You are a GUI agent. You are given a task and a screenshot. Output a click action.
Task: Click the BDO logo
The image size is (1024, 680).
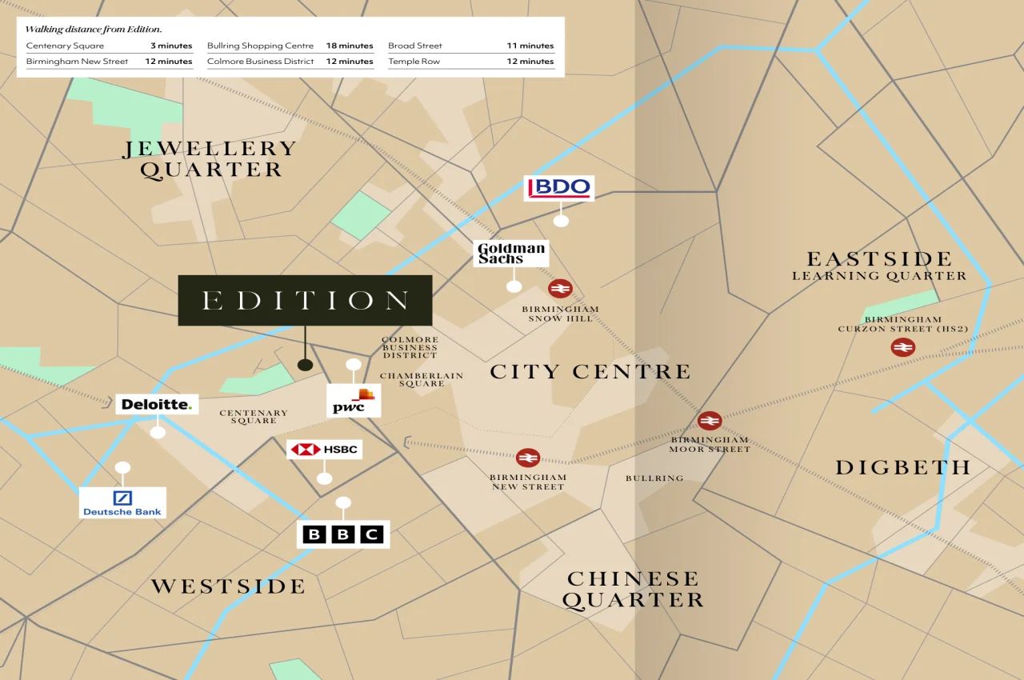coord(558,189)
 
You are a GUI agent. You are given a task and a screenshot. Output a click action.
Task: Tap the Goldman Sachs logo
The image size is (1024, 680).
coord(511,254)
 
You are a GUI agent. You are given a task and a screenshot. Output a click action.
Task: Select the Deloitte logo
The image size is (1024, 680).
coord(157,404)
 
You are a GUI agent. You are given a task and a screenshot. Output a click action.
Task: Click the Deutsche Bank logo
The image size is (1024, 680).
coord(122,502)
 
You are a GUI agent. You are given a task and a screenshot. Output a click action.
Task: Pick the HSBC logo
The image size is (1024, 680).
coord(324,450)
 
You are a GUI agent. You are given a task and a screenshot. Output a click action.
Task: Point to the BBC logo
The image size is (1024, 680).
coord(343,534)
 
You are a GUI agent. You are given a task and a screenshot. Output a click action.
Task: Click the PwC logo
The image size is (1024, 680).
coord(354,401)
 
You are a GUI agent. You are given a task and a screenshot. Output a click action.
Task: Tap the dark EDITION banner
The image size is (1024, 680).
coord(305,301)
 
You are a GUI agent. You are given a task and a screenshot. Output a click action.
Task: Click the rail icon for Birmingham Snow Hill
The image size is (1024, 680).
coord(560,289)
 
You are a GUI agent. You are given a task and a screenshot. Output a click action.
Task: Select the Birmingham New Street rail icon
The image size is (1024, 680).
coord(527,458)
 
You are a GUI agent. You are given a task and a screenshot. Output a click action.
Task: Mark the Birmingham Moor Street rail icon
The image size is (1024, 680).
coord(709,421)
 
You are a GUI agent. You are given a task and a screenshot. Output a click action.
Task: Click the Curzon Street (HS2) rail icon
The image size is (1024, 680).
coord(903,347)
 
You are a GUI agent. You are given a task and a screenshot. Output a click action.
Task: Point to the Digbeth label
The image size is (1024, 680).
coord(903,467)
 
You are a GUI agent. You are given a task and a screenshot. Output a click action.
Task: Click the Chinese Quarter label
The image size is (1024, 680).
coord(633,589)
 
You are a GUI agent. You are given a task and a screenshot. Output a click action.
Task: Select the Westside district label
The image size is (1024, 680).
coord(229,586)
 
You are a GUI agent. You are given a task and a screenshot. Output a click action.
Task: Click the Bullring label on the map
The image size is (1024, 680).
coord(654,478)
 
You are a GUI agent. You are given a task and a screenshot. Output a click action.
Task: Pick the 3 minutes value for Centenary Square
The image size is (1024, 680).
coord(171,46)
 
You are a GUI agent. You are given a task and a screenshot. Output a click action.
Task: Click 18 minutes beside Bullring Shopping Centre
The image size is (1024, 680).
coord(350,46)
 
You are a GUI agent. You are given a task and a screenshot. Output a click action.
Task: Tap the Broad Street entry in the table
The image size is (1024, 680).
coord(415,46)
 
